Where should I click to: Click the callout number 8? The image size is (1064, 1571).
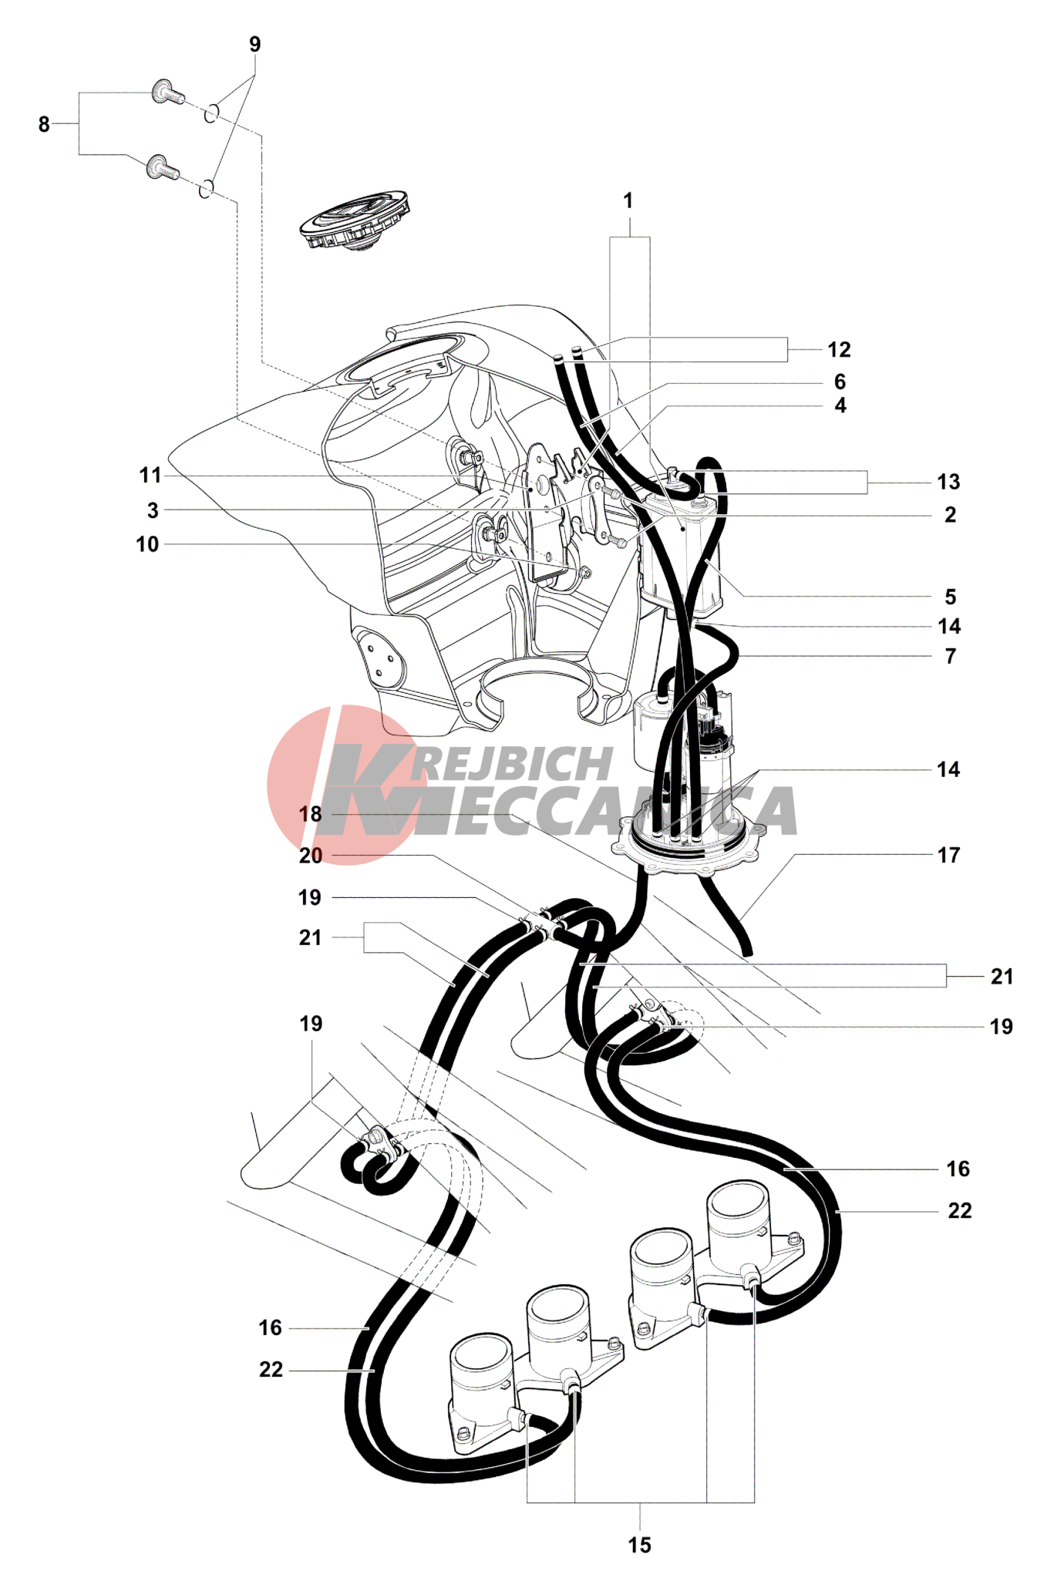pos(44,124)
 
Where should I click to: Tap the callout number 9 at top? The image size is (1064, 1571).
pos(255,45)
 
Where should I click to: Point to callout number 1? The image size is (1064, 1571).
pos(628,201)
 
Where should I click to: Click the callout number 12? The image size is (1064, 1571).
pos(839,350)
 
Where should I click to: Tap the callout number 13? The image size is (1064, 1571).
pos(948,483)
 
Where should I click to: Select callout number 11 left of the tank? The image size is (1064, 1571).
pos(150,476)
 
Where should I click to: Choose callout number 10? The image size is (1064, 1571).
pos(147,545)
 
